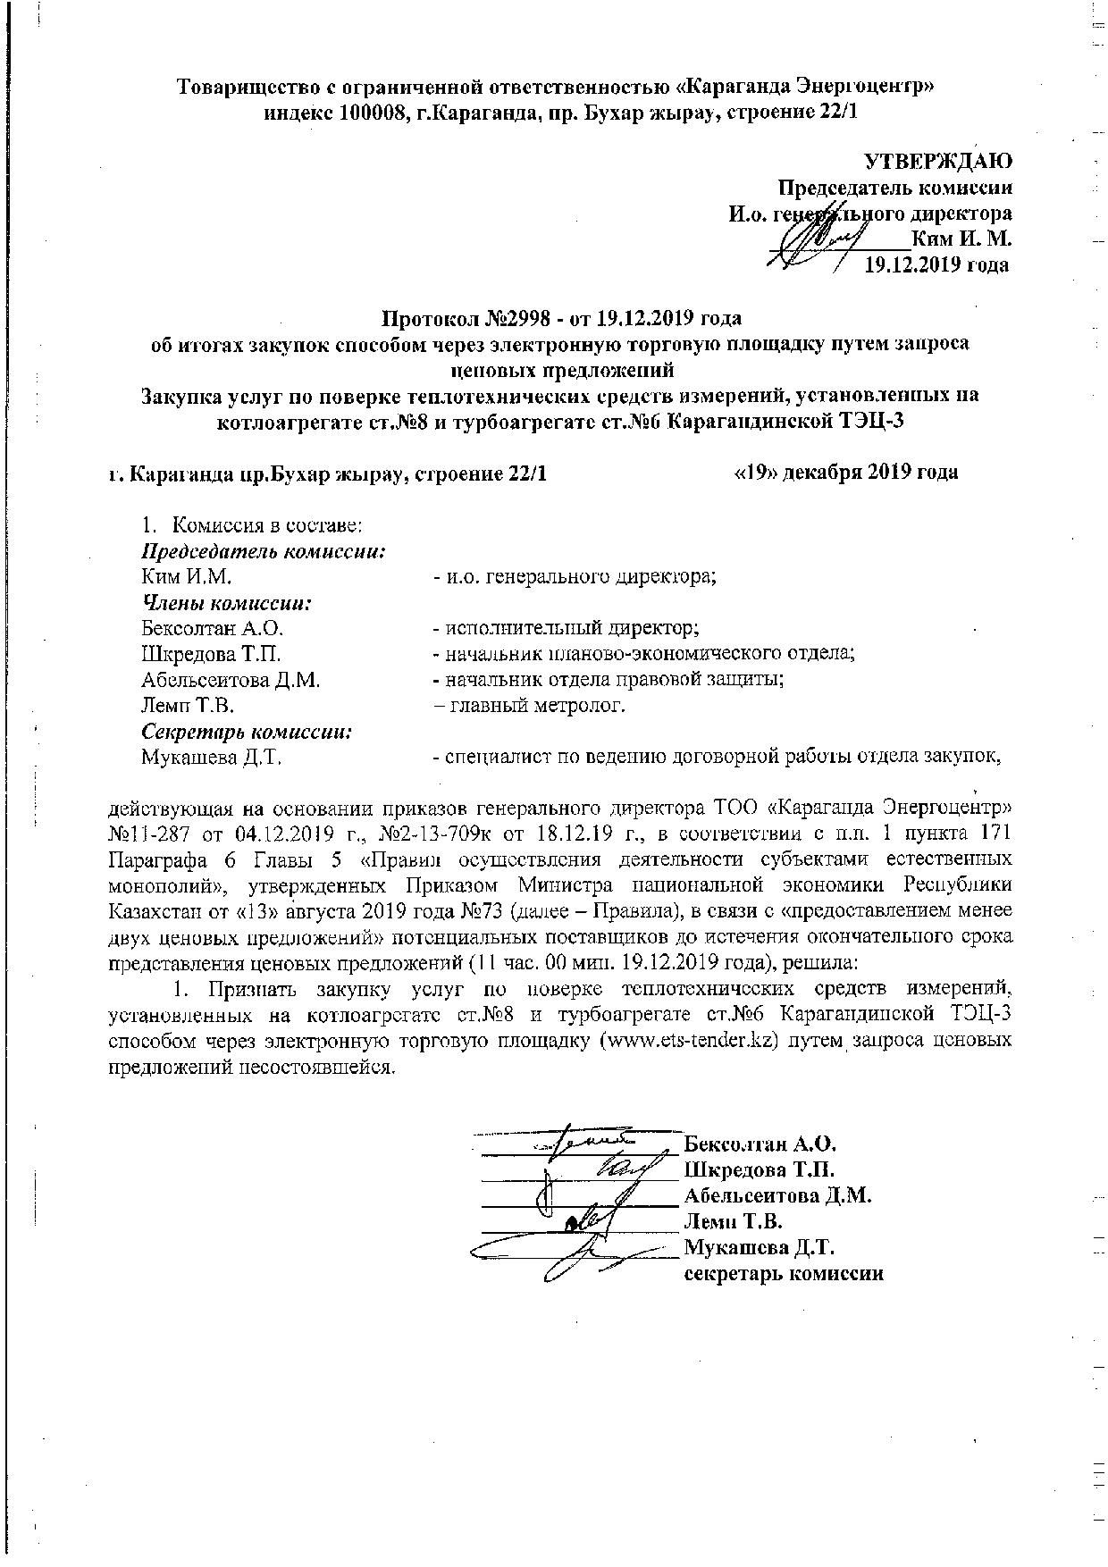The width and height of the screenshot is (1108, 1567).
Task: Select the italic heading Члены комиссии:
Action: point(227,602)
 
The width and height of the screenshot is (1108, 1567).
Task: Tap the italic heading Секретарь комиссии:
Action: point(247,731)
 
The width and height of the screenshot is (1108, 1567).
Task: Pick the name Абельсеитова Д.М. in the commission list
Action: point(231,680)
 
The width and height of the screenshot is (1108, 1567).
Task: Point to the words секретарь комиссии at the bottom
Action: point(784,1273)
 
